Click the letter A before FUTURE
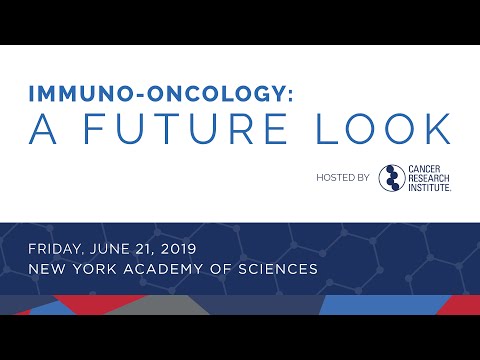pos(42,130)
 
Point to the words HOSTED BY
pos(340,178)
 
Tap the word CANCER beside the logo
pos(425,168)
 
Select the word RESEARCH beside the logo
pos(429,177)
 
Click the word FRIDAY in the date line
pos(61,248)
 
